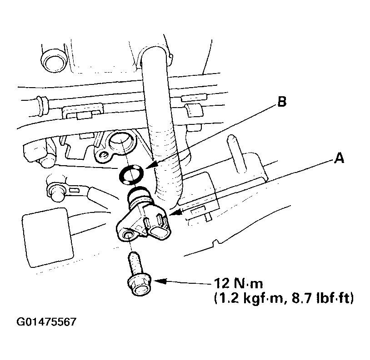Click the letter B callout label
[282, 103]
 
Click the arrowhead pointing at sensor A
[175, 212]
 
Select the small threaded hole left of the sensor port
[104, 155]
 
